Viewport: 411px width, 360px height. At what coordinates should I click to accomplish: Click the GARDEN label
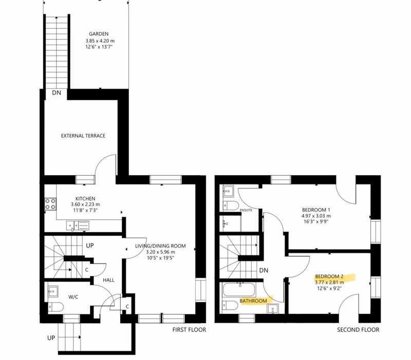point(99,34)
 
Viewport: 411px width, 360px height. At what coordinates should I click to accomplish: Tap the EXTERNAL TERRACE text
point(83,136)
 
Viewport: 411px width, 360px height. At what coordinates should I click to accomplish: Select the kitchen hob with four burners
point(50,204)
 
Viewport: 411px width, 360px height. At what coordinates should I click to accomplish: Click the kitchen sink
point(78,226)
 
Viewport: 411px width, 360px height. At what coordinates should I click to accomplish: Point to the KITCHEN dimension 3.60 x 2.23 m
point(85,204)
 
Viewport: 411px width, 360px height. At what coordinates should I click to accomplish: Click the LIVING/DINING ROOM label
point(160,246)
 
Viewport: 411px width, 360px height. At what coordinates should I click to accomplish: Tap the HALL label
point(108,280)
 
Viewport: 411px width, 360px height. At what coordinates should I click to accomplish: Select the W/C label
point(73,297)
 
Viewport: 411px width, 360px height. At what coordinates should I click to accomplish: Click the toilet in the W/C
point(55,307)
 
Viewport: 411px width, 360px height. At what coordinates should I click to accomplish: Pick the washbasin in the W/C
point(53,291)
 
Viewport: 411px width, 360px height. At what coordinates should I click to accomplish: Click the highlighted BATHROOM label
point(253,301)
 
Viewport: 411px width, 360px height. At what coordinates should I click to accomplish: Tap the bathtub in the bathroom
point(238,289)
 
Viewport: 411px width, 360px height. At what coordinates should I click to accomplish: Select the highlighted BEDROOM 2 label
point(329,276)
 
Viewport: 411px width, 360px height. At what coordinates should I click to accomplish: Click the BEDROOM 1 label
point(316,210)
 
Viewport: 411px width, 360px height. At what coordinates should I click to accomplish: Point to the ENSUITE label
point(246,210)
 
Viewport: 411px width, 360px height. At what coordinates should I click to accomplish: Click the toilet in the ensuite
point(231,205)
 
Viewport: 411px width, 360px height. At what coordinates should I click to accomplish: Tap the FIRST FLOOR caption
point(189,330)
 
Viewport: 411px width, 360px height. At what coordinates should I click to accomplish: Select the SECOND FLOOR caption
point(358,330)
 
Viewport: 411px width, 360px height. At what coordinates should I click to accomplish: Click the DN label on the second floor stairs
point(264,271)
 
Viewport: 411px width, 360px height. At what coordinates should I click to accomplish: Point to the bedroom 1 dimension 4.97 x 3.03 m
point(316,216)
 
